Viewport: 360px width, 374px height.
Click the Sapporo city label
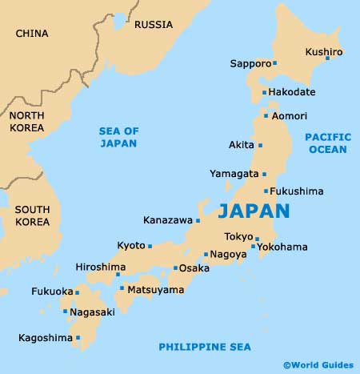coord(250,63)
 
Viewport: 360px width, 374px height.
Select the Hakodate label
coord(293,93)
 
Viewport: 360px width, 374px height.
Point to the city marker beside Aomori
coord(266,116)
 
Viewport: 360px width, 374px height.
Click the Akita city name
coord(241,145)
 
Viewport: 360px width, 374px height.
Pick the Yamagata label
coord(234,173)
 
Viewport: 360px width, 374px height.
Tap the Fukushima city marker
coord(266,191)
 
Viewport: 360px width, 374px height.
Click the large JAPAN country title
coord(254,211)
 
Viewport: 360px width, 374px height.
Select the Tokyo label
coord(238,236)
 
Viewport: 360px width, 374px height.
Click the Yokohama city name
coord(282,247)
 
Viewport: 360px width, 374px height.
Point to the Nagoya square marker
coord(206,255)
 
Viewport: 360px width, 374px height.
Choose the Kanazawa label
coord(167,219)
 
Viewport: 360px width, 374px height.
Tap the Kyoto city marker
coord(149,246)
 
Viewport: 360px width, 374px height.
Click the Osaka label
coord(194,268)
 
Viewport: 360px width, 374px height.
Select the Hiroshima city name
coord(100,267)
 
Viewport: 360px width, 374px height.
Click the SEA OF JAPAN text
coord(118,137)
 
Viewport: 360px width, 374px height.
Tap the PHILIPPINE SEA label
coord(205,346)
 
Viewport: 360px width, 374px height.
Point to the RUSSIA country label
coord(153,25)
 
